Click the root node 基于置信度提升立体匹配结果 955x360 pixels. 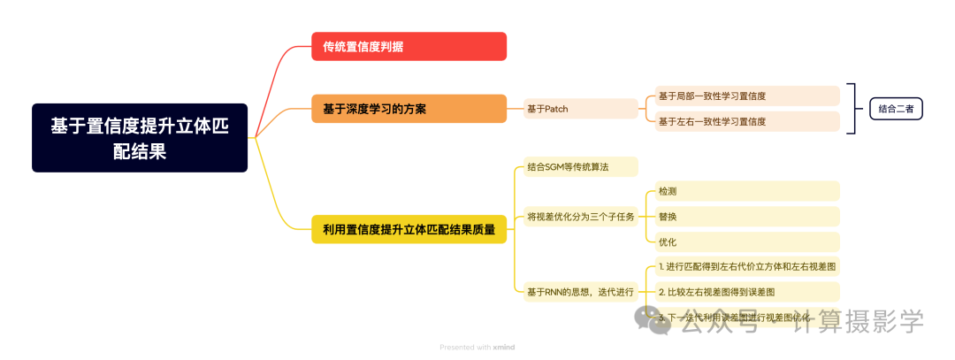[140, 138]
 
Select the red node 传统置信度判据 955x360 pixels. [409, 46]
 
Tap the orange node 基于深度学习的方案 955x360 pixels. [409, 109]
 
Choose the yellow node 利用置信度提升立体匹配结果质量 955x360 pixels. [409, 229]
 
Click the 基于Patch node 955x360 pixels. [580, 109]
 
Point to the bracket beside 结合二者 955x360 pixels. [853, 109]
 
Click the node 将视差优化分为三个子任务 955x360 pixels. [579, 217]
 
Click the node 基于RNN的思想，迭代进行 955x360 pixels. [579, 291]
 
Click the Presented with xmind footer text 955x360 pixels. [477, 348]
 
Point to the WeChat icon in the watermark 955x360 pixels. [659, 321]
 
